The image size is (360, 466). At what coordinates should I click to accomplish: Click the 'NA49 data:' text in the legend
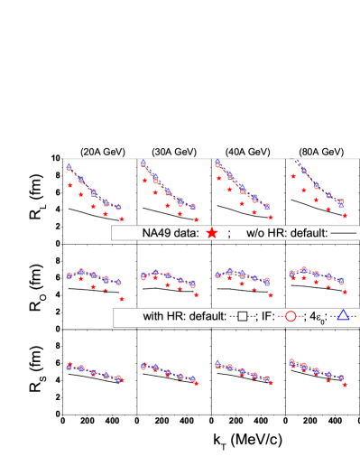[x=171, y=232]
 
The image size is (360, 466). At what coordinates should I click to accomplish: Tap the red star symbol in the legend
[x=211, y=232]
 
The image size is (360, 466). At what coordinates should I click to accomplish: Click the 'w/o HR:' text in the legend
[x=265, y=232]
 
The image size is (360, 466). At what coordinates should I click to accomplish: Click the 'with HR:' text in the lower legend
[x=166, y=317]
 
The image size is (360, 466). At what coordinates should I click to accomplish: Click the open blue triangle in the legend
[x=345, y=317]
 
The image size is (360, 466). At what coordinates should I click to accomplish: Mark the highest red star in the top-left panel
[x=69, y=184]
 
